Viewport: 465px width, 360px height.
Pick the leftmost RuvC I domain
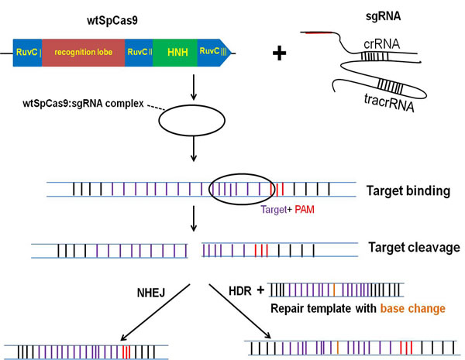pos(28,52)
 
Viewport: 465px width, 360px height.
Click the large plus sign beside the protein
pos(280,54)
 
